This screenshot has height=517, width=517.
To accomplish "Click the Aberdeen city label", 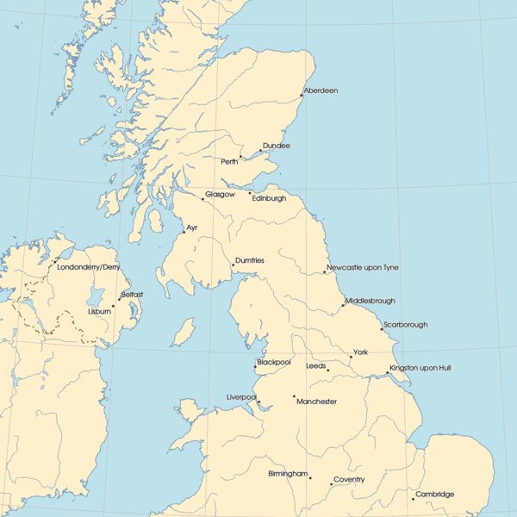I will point(321,90).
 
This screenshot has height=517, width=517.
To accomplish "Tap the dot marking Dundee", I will point(260,151).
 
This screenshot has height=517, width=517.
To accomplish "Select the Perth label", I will point(229,161).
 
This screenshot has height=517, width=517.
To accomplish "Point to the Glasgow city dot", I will point(202,199).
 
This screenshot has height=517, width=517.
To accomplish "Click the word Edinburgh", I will point(270,198).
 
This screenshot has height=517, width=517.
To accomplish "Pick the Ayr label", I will point(192,227).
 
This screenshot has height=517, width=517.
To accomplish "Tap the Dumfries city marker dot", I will point(233,265).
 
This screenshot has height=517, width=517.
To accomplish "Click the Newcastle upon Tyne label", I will point(363,267).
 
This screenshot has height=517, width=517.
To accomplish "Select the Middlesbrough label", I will point(371,301).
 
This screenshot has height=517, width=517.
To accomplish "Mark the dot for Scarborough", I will point(382,329).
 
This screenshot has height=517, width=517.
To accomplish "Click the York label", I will point(360,352).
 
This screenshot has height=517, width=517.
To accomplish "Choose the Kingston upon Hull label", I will point(420,368).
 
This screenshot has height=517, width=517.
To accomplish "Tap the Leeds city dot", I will point(328,371).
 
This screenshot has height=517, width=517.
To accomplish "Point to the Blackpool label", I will point(274,363).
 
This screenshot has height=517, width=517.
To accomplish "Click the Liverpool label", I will point(242,396).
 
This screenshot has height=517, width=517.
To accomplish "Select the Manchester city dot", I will point(295,396).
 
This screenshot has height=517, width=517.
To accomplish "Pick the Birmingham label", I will point(288,474).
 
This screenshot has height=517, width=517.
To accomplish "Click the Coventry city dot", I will point(332,484).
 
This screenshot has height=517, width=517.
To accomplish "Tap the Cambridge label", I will point(434,494).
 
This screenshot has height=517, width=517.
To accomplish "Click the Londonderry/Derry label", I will point(89,267).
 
